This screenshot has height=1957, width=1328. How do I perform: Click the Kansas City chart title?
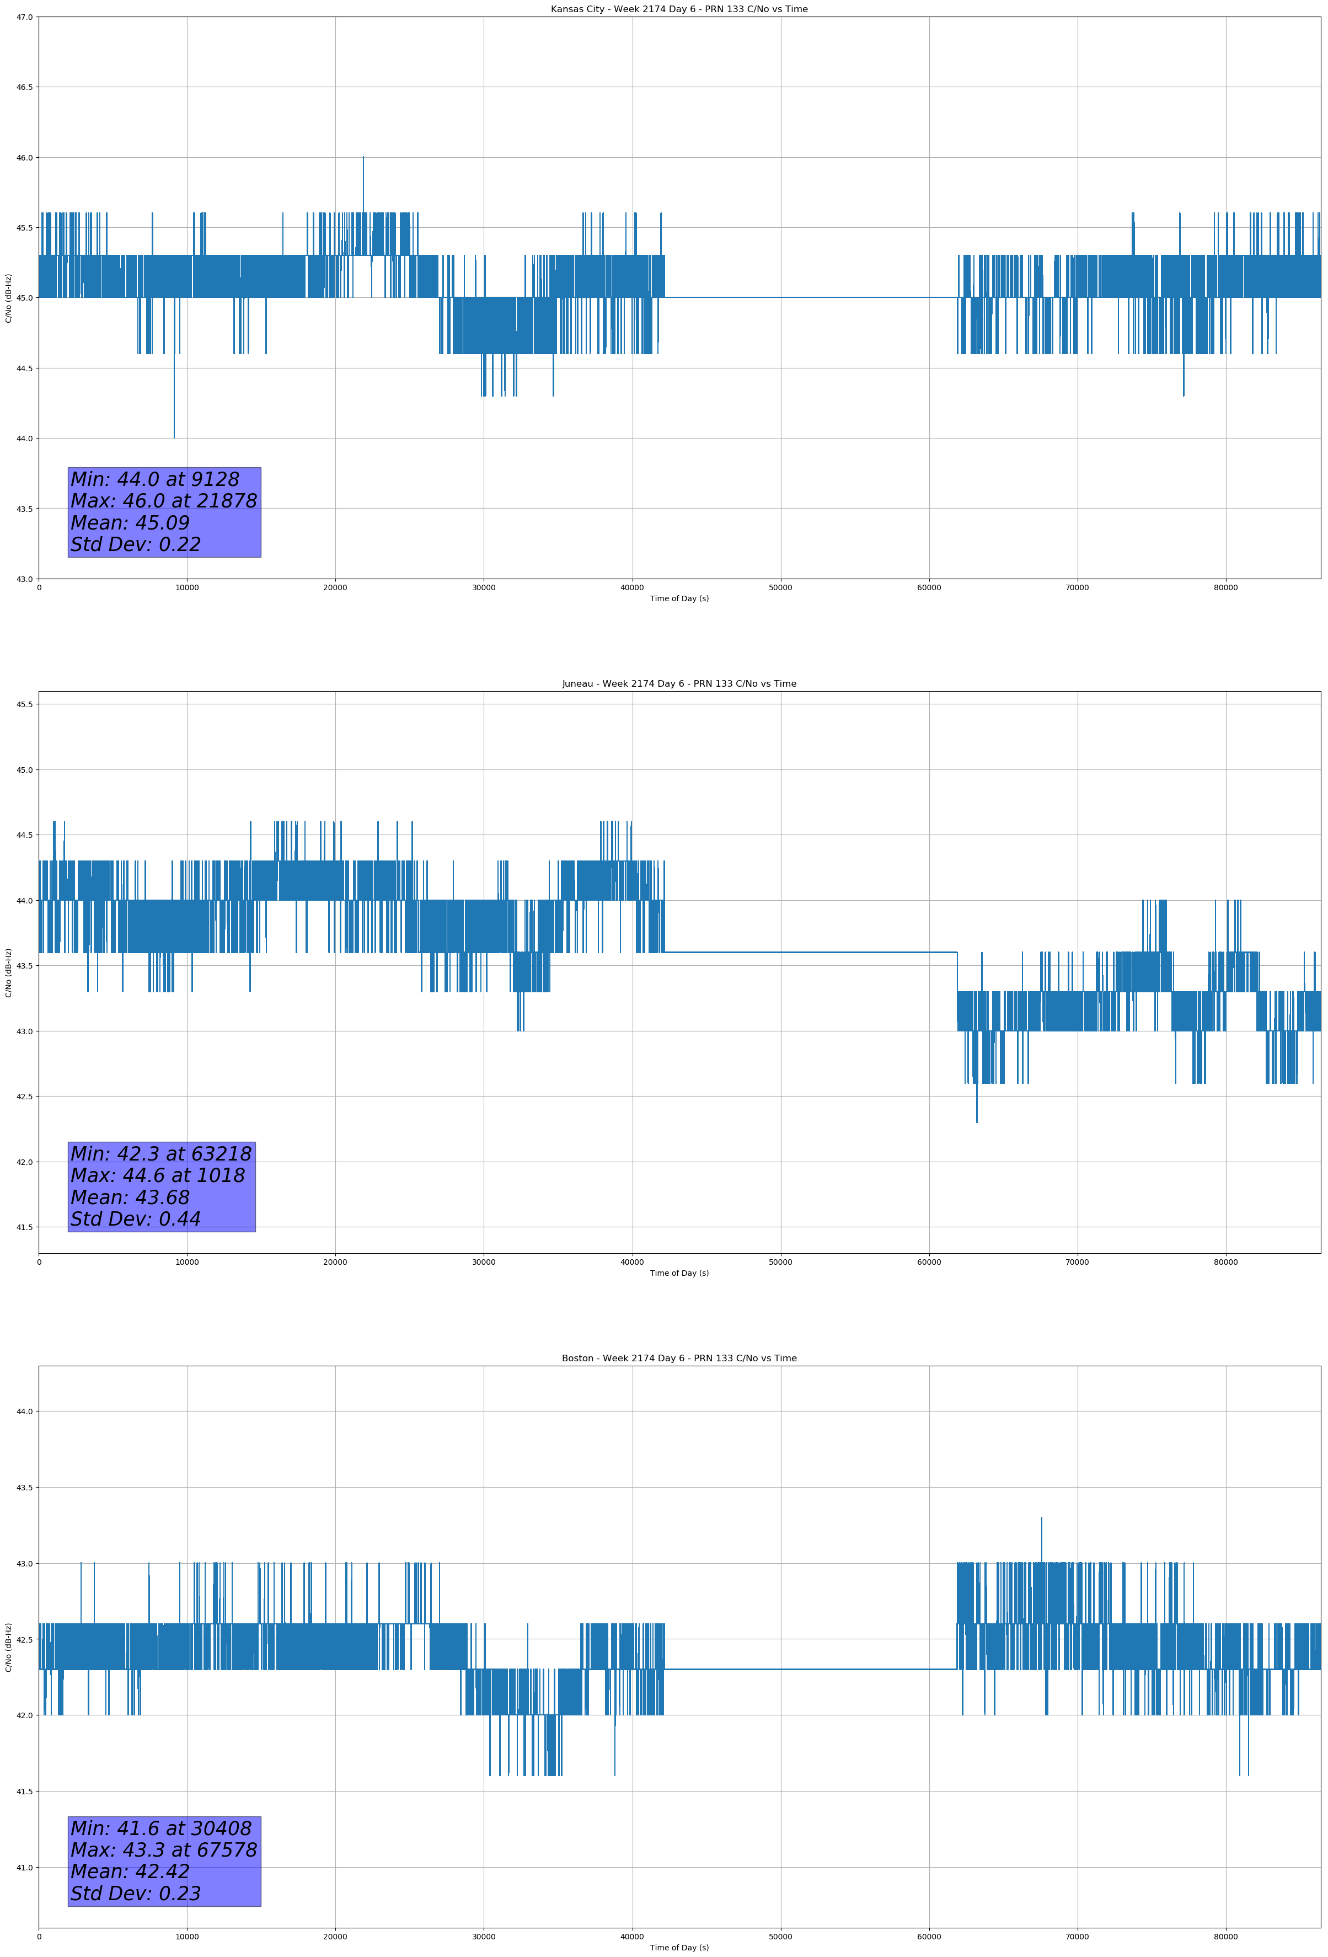679,9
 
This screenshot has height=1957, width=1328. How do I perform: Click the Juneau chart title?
679,684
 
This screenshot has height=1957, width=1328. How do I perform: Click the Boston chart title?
679,1359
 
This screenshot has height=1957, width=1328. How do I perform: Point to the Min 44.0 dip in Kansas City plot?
174,436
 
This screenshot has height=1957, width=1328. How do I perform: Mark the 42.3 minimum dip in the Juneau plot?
977,1121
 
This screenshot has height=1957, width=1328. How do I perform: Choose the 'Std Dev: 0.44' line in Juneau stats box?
136,1218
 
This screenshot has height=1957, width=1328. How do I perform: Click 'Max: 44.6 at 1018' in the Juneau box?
158,1175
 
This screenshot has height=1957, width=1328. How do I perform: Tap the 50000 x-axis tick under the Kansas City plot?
780,588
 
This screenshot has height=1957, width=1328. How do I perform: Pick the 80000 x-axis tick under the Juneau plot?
1225,1262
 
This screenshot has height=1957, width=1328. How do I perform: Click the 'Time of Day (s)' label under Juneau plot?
679,1273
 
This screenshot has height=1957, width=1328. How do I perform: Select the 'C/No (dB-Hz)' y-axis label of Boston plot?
8,1646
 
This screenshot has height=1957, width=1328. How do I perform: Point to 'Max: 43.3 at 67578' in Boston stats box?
163,1850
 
